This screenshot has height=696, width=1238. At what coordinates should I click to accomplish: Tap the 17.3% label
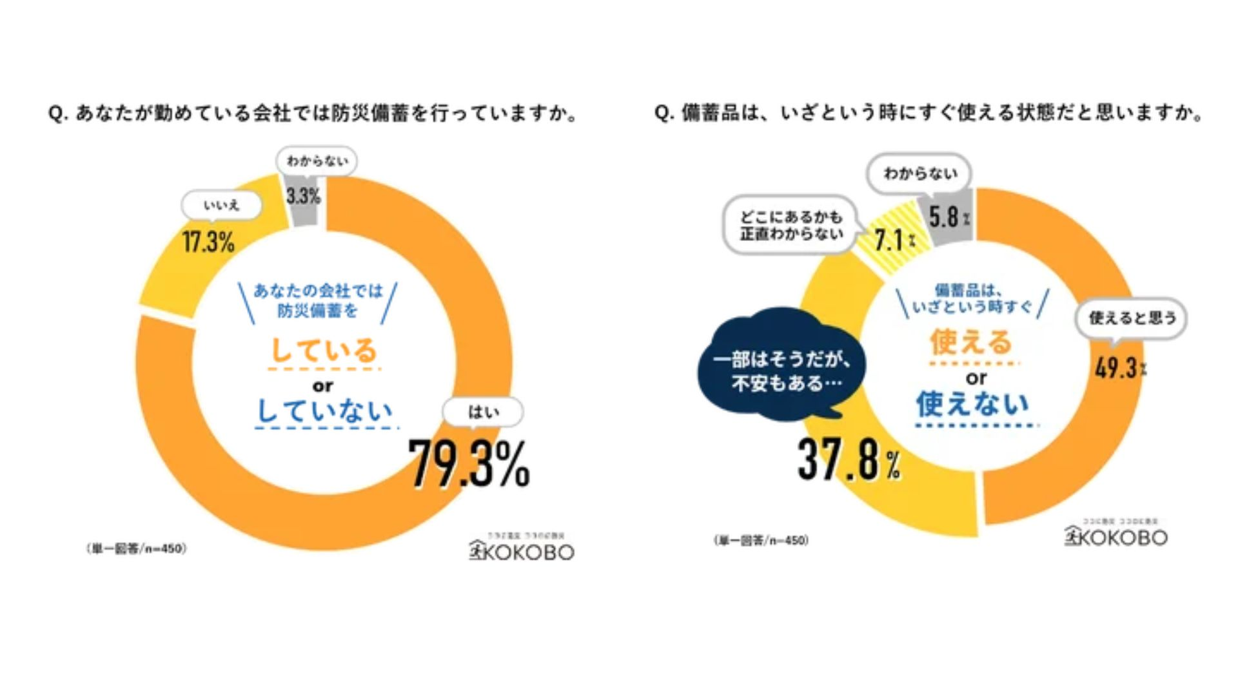(208, 242)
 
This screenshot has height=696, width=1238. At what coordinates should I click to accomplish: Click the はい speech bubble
(482, 412)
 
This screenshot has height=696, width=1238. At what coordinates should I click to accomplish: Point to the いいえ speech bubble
(221, 206)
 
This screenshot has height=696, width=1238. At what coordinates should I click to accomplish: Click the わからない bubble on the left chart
(317, 160)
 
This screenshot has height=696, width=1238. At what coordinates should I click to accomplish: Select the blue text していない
(325, 411)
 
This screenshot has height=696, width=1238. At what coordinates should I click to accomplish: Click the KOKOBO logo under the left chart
(522, 551)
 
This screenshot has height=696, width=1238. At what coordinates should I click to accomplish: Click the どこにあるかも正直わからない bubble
(791, 225)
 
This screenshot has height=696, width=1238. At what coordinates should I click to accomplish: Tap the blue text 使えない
(972, 404)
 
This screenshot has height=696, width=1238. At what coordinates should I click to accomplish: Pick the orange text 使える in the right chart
(971, 342)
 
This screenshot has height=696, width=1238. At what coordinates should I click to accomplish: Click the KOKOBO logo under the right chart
(1116, 536)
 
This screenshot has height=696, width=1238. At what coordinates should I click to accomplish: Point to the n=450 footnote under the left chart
(136, 548)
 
